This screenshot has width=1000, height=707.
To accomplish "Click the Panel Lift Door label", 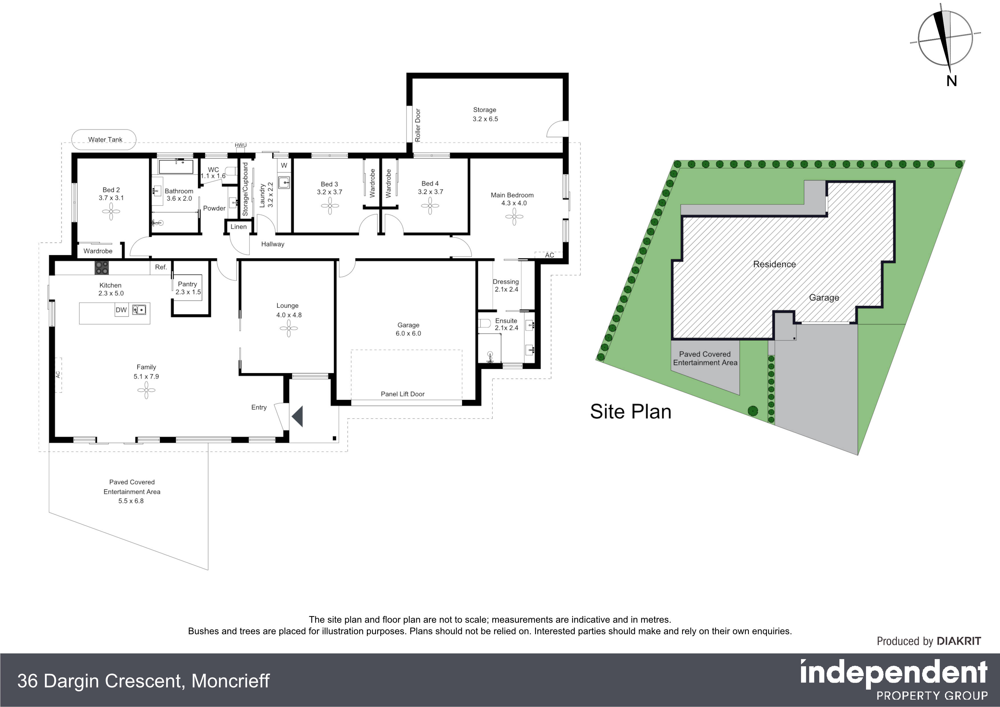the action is (403, 394).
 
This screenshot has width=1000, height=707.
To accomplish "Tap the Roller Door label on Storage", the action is (418, 125).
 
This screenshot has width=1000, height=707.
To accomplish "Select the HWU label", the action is (240, 145).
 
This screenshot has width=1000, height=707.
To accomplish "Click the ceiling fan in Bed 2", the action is (111, 212).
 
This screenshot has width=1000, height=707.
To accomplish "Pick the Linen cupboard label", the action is (239, 227).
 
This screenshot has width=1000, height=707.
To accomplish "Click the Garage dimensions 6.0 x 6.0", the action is (408, 334).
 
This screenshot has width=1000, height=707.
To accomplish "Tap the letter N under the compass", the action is (951, 81).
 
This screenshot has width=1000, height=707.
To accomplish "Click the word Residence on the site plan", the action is (775, 264).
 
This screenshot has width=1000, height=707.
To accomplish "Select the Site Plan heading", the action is (631, 412).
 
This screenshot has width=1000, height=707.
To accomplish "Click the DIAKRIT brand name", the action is (959, 641).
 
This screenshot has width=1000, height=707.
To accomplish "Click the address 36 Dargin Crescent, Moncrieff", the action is (143, 681).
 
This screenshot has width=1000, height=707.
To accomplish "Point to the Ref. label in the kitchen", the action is (161, 267).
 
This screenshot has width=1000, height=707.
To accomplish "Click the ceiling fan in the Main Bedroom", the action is (514, 216).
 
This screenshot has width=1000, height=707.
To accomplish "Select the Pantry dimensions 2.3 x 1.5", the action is (188, 292).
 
